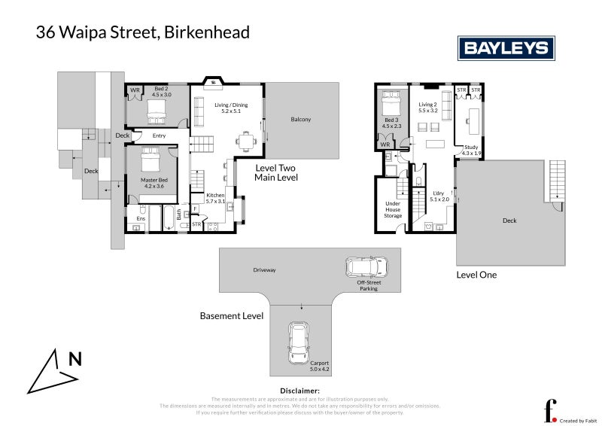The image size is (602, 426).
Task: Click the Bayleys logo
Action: pyautogui.click(x=506, y=49)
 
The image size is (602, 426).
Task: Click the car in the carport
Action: pyautogui.click(x=298, y=344)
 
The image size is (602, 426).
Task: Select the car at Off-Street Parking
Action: pyautogui.click(x=366, y=267)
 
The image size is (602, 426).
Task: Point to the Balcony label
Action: pyautogui.click(x=301, y=120)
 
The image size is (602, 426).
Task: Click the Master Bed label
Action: pyautogui.click(x=154, y=183)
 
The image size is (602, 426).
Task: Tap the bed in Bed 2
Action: pyautogui.click(x=156, y=112)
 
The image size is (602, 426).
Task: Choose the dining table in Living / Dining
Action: pyautogui.click(x=244, y=139)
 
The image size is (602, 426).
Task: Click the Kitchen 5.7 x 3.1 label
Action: pyautogui.click(x=214, y=198)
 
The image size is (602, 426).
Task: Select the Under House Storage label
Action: pyautogui.click(x=394, y=211)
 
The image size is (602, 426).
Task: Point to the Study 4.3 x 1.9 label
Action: pyautogui.click(x=471, y=150)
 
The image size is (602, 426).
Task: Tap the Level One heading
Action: pyautogui.click(x=476, y=275)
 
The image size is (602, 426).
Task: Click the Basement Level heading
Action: pyautogui.click(x=232, y=316)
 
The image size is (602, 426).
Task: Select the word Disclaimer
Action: pyautogui.click(x=300, y=391)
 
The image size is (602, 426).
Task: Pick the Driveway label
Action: pyautogui.click(x=264, y=269)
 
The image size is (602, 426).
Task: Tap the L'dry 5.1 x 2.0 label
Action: pyautogui.click(x=439, y=196)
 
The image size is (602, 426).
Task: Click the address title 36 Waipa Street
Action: pyautogui.click(x=143, y=32)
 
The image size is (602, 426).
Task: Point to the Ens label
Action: pyautogui.click(x=141, y=208)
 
